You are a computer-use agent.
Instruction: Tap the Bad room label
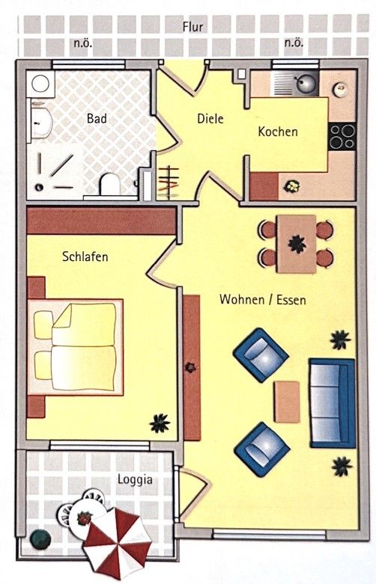coord(97,118)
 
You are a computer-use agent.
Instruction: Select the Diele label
coord(210,118)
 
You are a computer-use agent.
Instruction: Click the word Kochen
coord(278,132)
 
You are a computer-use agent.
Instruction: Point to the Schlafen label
coord(85,256)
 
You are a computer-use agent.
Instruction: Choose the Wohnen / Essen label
coord(262,299)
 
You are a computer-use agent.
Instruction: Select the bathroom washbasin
coord(39,121)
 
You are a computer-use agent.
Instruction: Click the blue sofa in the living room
coord(332,402)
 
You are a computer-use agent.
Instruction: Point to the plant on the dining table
coord(297,243)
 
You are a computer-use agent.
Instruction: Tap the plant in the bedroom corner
coord(160,423)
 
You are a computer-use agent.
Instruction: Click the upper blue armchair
coord(261,354)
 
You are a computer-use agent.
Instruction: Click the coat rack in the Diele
coord(170,182)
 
